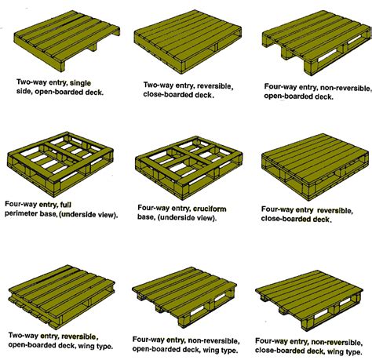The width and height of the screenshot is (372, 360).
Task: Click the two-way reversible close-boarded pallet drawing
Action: click(185, 39)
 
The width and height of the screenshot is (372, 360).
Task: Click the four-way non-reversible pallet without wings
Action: click(309, 39)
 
